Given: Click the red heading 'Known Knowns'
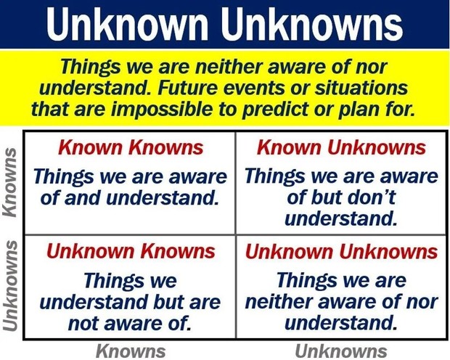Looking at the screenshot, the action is tap(131, 147).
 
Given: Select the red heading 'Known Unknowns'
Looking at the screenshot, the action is tap(341, 147).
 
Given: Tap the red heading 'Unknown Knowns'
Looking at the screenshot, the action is tap(131, 251).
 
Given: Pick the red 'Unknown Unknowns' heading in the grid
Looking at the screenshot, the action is tap(342, 251).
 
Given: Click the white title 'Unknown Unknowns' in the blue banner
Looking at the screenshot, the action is tap(225, 24).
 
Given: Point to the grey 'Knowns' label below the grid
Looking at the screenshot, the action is tap(131, 351).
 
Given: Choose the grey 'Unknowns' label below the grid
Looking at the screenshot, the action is tap(341, 351).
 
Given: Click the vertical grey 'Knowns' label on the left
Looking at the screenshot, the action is tap(9, 182).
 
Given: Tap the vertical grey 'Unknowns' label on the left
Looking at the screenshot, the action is tap(9, 285).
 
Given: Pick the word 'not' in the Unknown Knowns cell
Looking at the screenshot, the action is tap(83, 324).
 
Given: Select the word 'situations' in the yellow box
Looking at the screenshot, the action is tap(361, 88).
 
